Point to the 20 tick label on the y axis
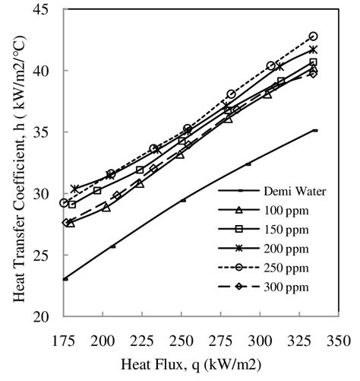point(43,316)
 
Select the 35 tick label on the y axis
point(43,132)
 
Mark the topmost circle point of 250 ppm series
point(313,37)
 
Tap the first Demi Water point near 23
point(65,279)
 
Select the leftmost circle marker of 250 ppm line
point(65,203)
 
